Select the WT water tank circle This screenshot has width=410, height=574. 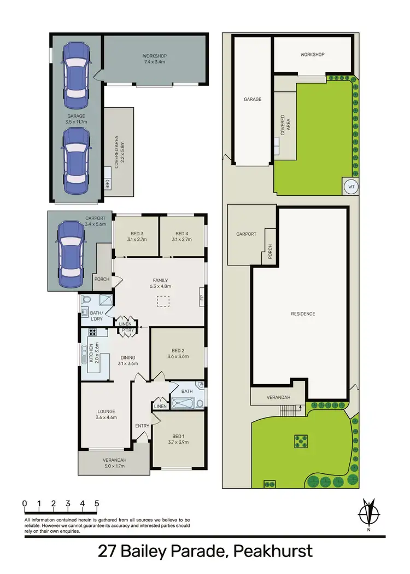click(350, 187)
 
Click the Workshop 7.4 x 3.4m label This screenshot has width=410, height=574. click(155, 60)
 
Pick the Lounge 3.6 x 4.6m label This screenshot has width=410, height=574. click(107, 414)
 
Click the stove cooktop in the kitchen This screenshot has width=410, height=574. click(90, 332)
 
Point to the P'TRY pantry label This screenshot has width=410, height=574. click(128, 330)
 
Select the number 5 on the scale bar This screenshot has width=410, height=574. click(97, 503)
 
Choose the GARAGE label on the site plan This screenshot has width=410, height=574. click(252, 100)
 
